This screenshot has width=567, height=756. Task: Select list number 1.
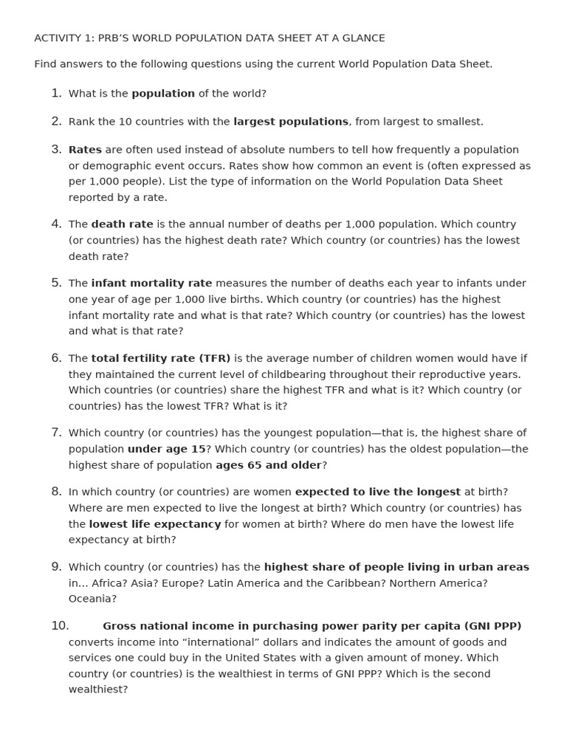(56, 94)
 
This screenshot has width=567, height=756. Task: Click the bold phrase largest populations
(291, 122)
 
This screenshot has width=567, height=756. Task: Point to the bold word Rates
(85, 150)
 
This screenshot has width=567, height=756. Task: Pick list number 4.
(56, 224)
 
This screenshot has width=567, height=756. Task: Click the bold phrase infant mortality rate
(151, 283)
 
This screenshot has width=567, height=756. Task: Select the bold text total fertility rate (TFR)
(161, 359)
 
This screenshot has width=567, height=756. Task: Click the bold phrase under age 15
(166, 449)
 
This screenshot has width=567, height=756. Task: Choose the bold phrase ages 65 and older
(268, 465)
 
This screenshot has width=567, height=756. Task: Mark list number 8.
(56, 492)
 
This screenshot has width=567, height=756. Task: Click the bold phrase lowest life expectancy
(155, 524)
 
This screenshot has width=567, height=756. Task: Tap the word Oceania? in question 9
(93, 599)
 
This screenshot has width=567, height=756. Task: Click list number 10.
(60, 626)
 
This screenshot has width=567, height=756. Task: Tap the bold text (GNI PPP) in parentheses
(492, 626)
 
